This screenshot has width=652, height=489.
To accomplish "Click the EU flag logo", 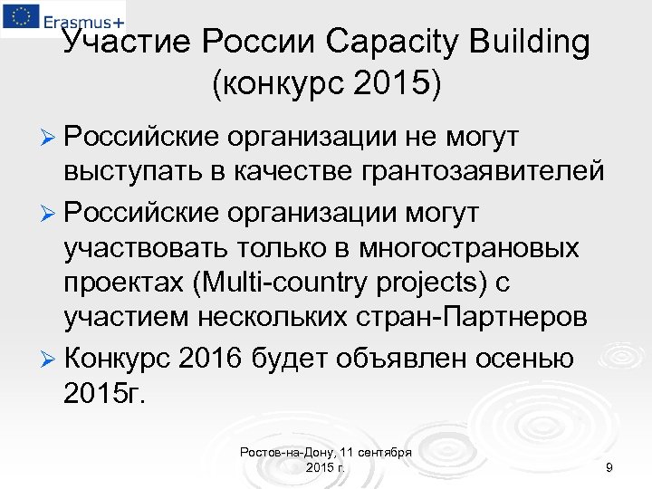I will point(19,16).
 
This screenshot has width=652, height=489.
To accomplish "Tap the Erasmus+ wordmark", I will point(81,17).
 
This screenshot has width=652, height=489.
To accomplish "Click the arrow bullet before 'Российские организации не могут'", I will point(51,137).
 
